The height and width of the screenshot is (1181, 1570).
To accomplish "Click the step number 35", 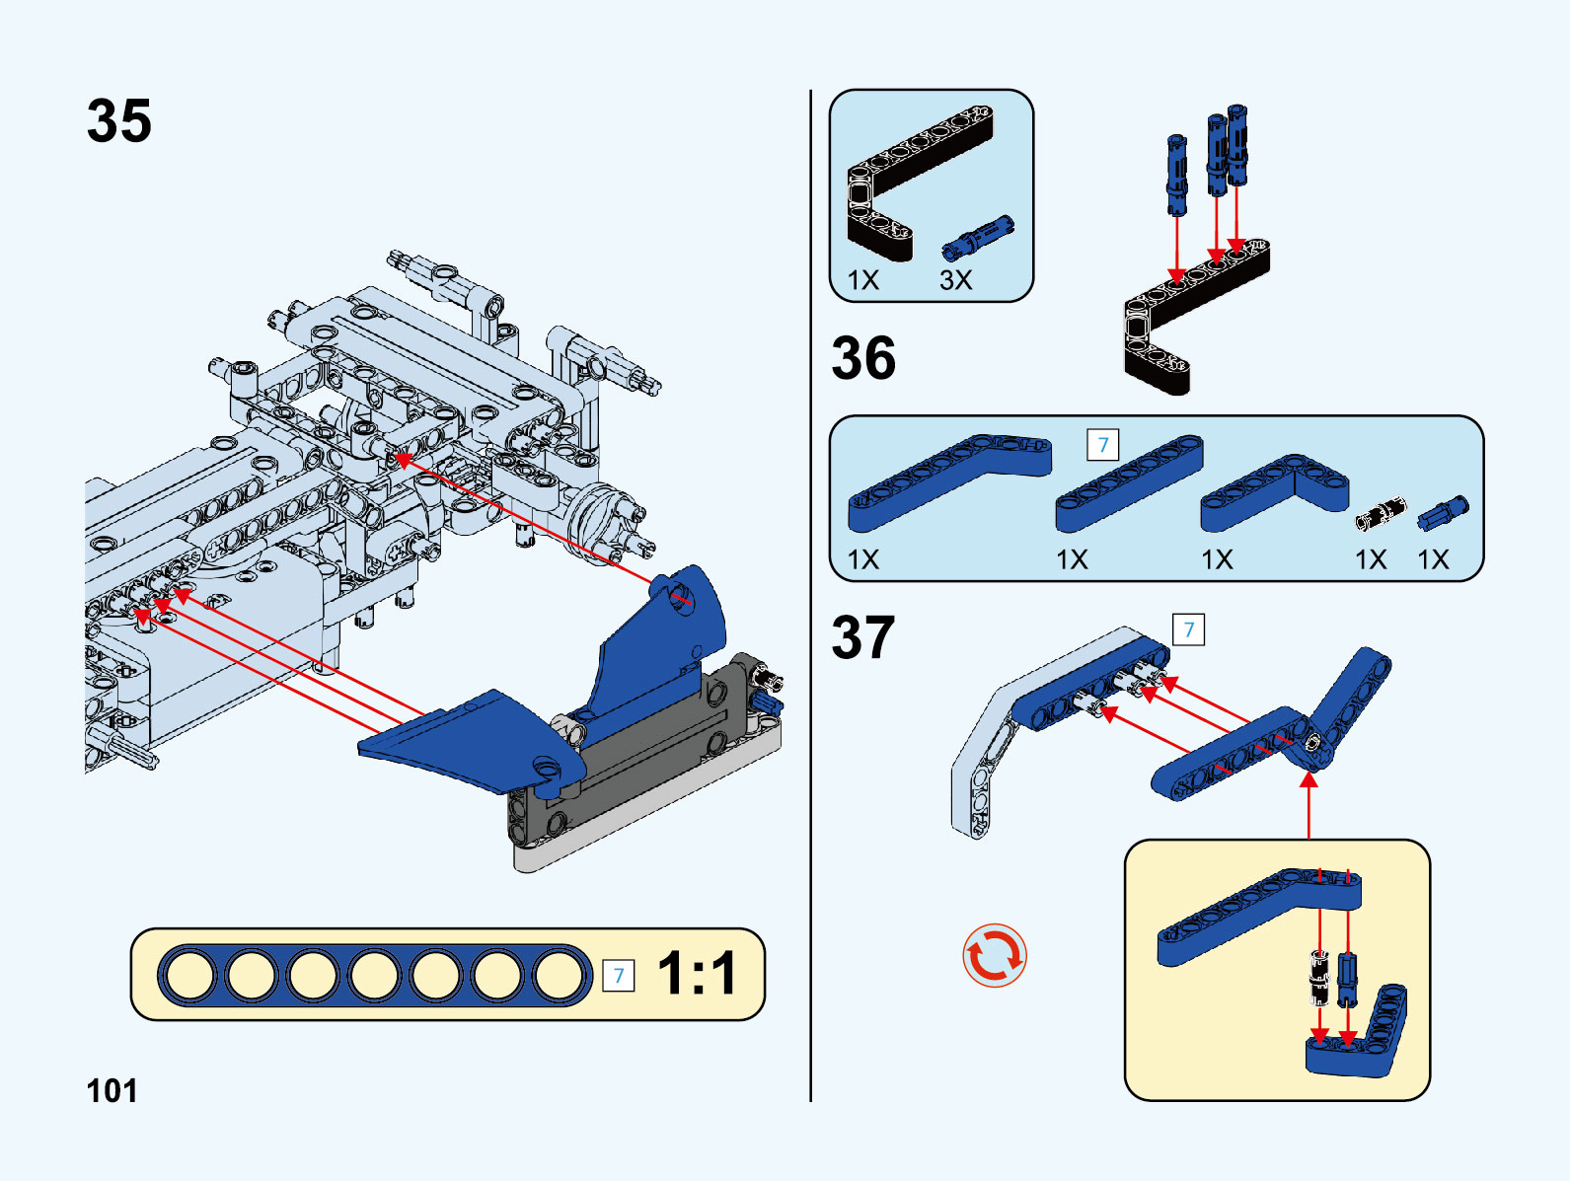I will [119, 121].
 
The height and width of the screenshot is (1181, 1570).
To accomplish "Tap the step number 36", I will [863, 357].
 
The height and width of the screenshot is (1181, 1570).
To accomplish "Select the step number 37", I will [863, 637].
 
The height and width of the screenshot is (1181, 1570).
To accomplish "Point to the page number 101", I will [112, 1090].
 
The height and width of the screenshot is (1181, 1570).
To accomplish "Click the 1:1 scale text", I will [697, 974].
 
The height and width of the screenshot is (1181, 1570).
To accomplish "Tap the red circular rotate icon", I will [995, 955].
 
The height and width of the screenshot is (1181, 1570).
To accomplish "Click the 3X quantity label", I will [955, 280].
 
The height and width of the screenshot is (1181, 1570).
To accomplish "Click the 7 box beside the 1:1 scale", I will [619, 976].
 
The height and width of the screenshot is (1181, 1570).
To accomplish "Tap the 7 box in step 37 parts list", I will [1103, 445].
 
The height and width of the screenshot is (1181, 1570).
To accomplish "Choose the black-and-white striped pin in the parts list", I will [1380, 513].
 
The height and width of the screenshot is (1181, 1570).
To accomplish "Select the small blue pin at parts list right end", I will [1443, 512].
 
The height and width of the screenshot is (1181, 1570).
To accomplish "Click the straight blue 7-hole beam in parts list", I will [1129, 482].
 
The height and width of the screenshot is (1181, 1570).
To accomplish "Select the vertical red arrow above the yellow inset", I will [1308, 804].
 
